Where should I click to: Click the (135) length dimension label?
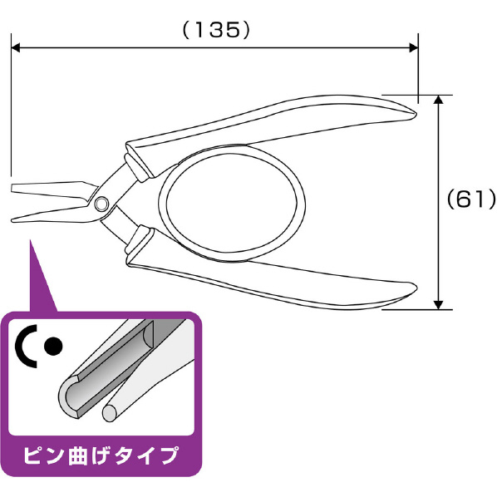pos(216,31)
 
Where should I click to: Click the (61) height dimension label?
pos(471,199)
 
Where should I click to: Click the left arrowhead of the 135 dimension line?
pos(16,48)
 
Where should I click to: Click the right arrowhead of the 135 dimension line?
pos(414,48)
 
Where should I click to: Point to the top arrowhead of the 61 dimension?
pos(438,99)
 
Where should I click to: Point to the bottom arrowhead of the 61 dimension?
pos(438,305)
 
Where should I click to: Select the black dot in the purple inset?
pos(53,346)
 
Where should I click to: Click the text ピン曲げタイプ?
pos(101,455)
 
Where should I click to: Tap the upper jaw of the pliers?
pos(52,191)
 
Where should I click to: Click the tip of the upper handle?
pos(416,114)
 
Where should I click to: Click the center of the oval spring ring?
pos(232,203)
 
